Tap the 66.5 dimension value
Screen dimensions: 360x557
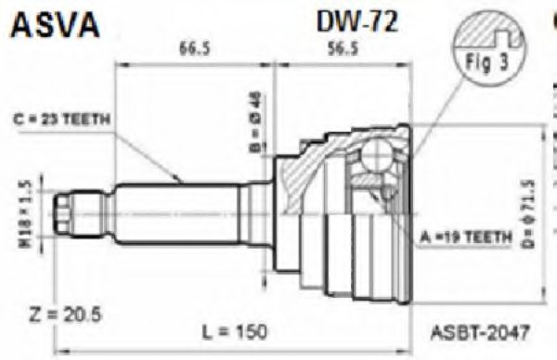pyautogui.click(x=192, y=51)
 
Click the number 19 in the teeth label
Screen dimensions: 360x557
pyautogui.click(x=459, y=237)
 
